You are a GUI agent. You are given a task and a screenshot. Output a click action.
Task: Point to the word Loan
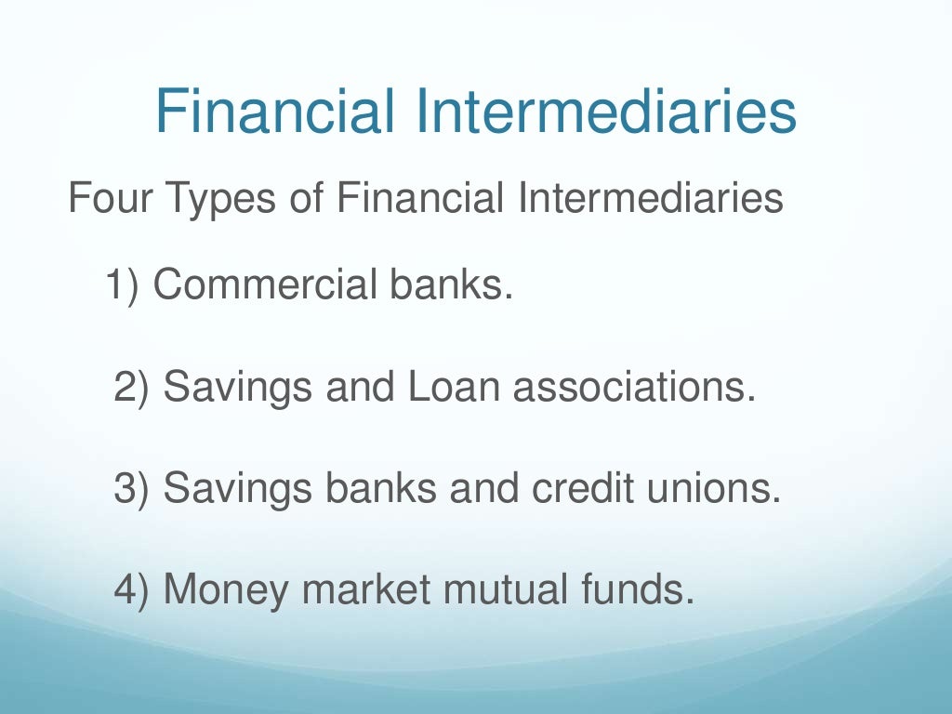tap(443, 387)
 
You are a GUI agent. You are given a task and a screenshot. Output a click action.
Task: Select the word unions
tap(720, 488)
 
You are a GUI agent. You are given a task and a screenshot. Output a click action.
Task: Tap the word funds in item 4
tap(650, 589)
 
